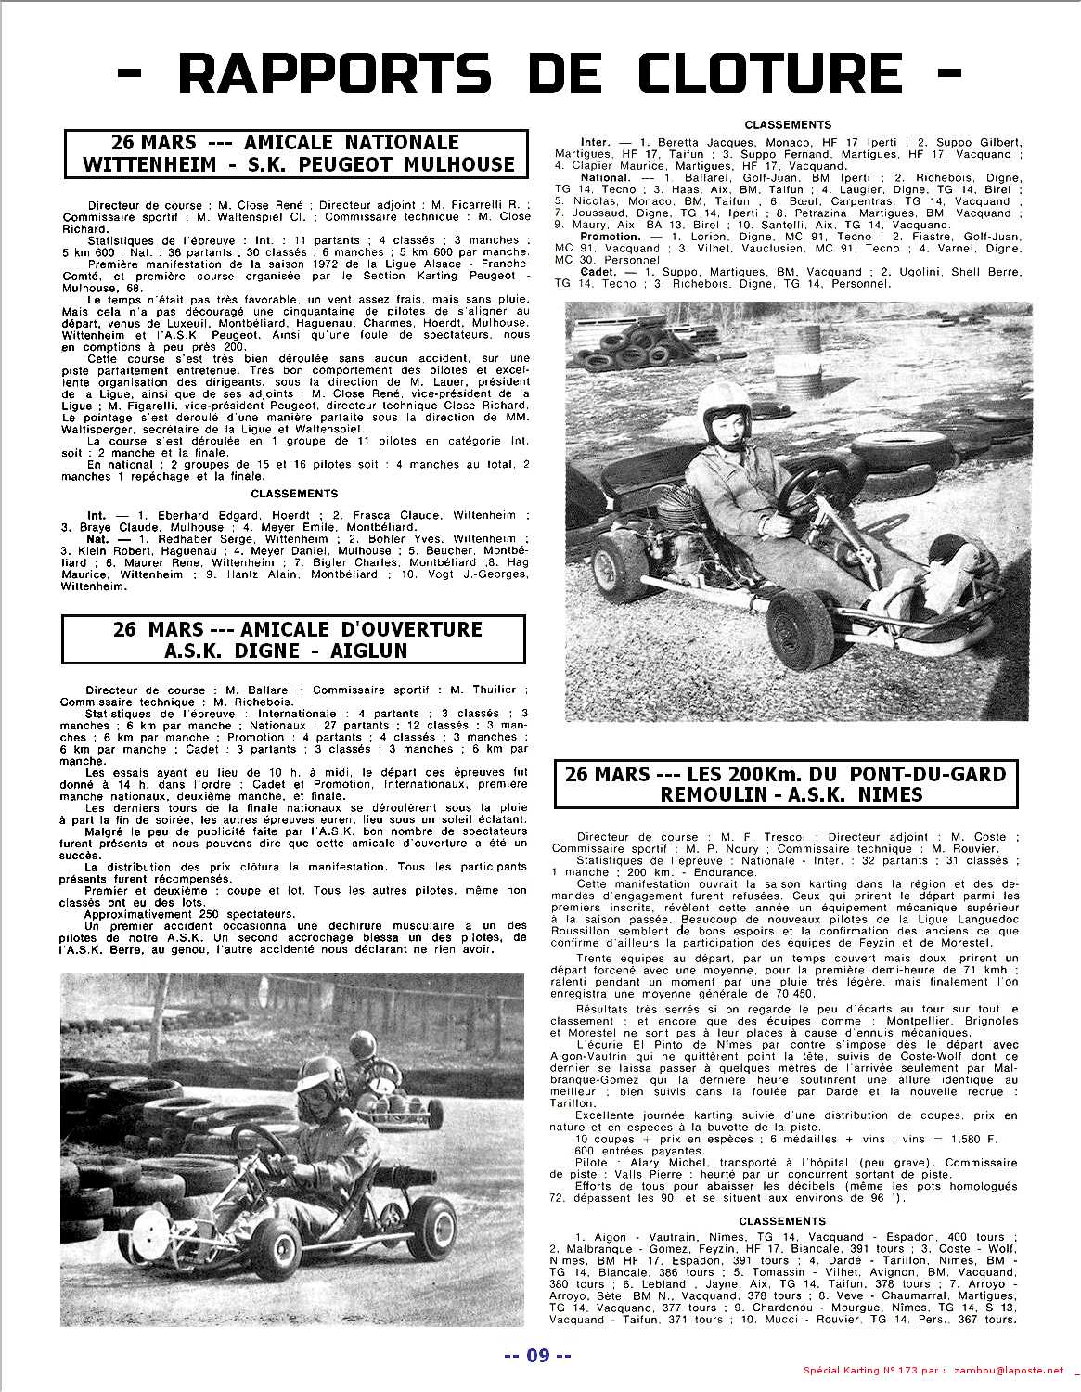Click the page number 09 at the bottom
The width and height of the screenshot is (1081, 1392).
coord(537,1356)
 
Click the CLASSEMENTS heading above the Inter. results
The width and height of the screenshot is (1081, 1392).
coord(788,124)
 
